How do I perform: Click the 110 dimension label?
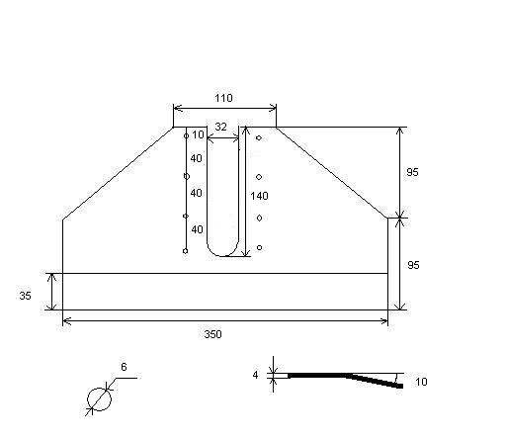[223, 98]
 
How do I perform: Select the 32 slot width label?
[220, 127]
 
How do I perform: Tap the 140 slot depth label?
[259, 196]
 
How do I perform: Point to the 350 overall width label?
[212, 334]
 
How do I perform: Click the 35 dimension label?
[25, 296]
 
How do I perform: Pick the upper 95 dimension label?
[412, 172]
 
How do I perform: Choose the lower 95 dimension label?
[413, 265]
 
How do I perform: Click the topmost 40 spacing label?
[196, 158]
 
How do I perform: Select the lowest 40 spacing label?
[197, 229]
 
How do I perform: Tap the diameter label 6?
[124, 367]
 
